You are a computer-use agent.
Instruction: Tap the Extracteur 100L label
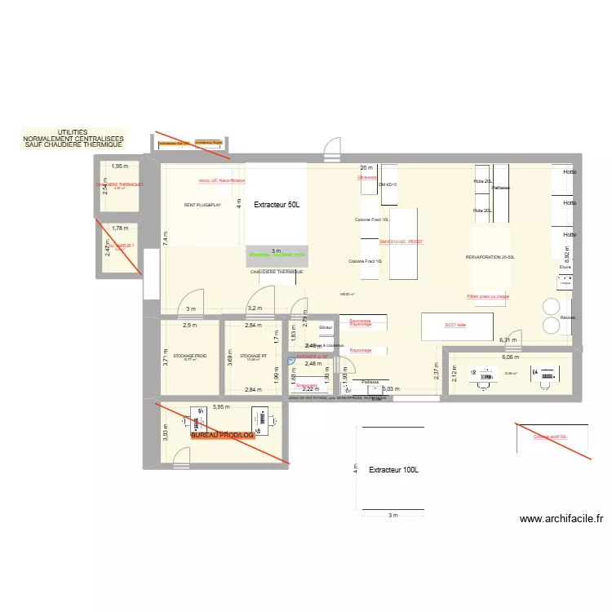click(393, 470)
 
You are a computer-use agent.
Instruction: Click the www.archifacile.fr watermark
click(561, 518)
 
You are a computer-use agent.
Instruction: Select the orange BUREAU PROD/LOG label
click(223, 436)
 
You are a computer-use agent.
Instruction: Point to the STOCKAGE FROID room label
click(189, 356)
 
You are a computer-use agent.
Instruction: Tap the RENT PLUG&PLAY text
click(202, 205)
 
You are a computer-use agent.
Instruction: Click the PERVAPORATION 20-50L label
click(490, 256)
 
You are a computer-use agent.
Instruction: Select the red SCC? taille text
click(455, 325)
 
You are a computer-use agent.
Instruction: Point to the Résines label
click(568, 317)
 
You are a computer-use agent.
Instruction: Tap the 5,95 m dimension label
click(221, 406)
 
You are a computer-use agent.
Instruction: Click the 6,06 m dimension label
click(511, 357)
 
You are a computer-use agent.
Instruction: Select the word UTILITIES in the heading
click(73, 132)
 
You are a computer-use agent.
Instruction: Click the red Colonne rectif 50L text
click(550, 437)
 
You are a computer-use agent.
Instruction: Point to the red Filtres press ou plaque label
click(488, 296)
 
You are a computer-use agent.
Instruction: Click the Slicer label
click(326, 327)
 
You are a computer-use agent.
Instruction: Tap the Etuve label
click(565, 267)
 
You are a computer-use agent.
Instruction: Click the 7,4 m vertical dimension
click(166, 237)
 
